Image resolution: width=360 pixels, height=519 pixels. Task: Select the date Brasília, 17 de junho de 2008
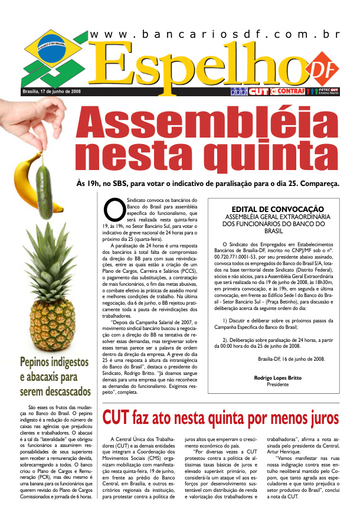(x=51, y=92)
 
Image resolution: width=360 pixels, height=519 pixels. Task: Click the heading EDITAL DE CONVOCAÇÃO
(x=277, y=209)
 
